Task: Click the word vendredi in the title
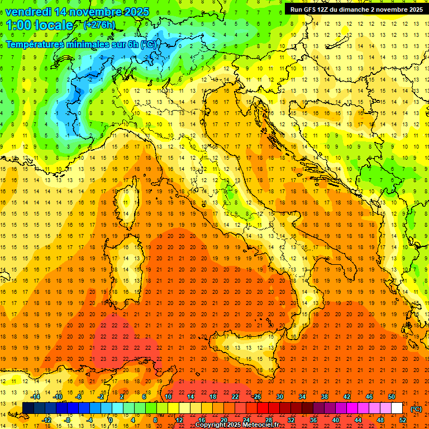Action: [27, 12]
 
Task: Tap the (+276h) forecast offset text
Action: [99, 25]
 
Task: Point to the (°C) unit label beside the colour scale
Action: [416, 409]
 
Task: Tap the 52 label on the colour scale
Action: [403, 420]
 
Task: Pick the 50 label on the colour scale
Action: [392, 396]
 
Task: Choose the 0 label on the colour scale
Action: [111, 420]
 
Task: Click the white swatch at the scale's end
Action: [397, 408]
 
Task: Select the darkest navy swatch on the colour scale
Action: [28, 408]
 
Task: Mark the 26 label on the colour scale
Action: [258, 396]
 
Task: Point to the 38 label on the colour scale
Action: [325, 396]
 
